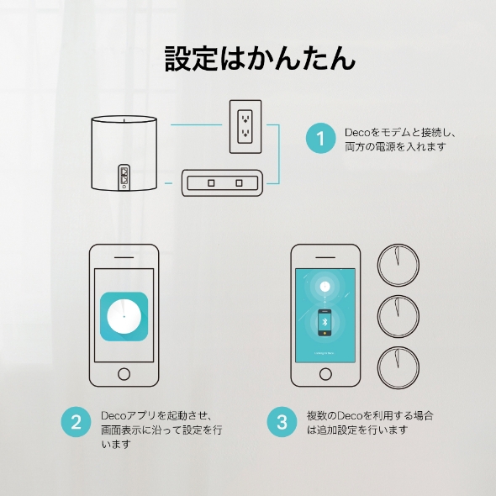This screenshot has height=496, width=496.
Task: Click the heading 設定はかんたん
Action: [248, 58]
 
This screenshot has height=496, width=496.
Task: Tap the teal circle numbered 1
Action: [320, 139]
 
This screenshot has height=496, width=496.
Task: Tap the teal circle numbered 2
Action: [77, 422]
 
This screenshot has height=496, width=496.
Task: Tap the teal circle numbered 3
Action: [282, 422]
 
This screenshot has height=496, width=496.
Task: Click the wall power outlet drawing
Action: [245, 126]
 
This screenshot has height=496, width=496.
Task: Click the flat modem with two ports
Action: [224, 182]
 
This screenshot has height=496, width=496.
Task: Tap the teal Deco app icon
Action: [124, 315]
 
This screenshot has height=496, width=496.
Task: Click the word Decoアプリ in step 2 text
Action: [126, 415]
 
